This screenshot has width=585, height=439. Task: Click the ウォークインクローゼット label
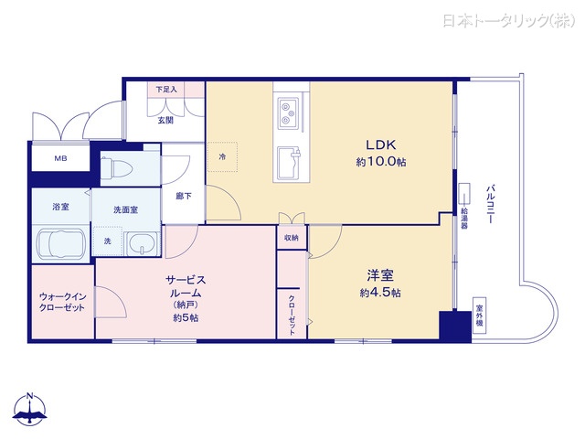[x=62, y=302]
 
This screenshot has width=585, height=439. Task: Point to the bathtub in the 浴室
[x=60, y=245]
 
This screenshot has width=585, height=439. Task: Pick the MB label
[x=59, y=159]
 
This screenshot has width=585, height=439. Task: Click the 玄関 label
[x=165, y=121]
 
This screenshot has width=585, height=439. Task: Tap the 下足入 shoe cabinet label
[x=165, y=89]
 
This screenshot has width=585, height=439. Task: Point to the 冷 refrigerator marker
[x=222, y=156]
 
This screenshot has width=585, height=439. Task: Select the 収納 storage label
[x=291, y=238]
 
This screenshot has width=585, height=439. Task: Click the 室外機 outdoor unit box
[x=478, y=317]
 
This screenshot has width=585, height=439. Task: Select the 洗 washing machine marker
[x=108, y=241]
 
